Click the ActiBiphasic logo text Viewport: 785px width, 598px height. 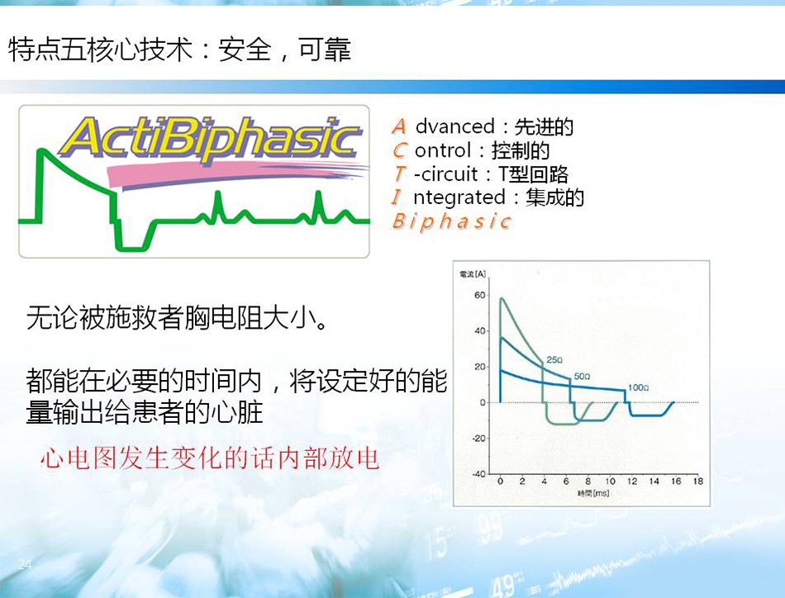(x=210, y=139)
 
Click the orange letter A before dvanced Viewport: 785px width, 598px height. (x=399, y=126)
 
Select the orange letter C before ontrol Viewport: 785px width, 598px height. (x=400, y=150)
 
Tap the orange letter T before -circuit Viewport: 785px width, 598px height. (x=399, y=173)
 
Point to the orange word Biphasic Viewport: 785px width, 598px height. (x=451, y=221)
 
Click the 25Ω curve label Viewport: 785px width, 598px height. (x=554, y=360)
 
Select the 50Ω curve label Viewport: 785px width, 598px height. (x=582, y=377)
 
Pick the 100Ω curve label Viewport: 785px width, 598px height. (x=638, y=387)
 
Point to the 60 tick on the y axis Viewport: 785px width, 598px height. (x=479, y=295)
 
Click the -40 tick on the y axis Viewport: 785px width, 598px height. (x=478, y=474)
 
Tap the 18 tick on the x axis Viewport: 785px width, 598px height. (x=698, y=482)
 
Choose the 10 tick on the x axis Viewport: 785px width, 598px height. (x=611, y=482)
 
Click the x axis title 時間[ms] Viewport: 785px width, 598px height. (x=593, y=493)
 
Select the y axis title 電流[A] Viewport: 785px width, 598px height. (x=473, y=273)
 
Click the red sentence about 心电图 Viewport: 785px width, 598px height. (x=210, y=458)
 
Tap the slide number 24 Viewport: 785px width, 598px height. (x=25, y=564)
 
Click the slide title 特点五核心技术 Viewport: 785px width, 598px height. (x=101, y=50)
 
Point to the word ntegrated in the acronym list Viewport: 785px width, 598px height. (x=459, y=197)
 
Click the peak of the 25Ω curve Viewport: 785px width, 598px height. (x=502, y=299)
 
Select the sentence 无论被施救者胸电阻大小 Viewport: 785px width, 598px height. (x=177, y=317)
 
